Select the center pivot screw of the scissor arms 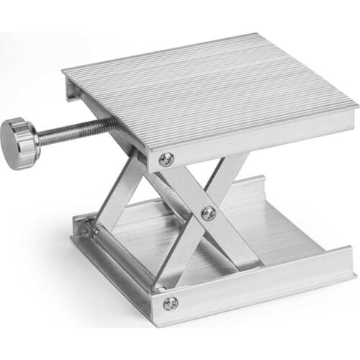coord(208,212)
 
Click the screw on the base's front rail coord(170,303)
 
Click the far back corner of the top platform coord(256,35)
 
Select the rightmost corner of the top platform coord(357,106)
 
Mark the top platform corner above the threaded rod coord(65,72)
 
